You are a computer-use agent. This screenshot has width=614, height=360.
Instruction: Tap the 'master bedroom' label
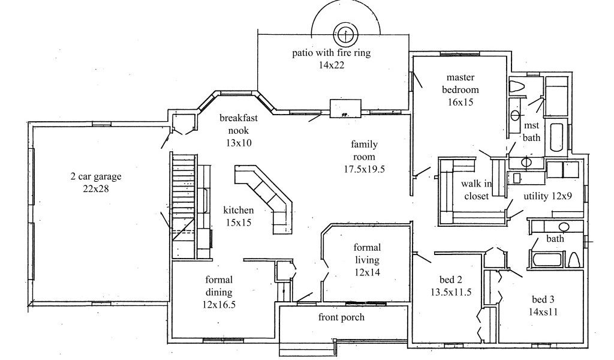coord(460,83)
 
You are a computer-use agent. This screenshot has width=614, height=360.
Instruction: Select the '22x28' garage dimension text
coord(95,189)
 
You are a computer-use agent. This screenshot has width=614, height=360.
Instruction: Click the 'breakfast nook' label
coord(239,124)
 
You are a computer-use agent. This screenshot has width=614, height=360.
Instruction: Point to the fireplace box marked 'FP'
coord(345,109)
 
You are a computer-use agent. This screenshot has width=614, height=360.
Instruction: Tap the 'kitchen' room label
coord(239,211)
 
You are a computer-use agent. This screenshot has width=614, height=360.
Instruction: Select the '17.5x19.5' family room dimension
coord(364,170)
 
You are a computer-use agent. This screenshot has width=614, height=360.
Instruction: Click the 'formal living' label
coord(367,253)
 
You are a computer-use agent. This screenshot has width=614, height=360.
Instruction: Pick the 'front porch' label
coord(341,317)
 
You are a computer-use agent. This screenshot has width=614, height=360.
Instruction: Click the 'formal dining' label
coord(219,286)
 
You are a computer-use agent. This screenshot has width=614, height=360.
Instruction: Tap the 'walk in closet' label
coord(477,190)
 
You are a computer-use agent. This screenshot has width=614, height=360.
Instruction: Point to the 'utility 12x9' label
coord(548,196)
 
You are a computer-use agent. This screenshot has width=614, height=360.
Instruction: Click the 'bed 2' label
coord(450,280)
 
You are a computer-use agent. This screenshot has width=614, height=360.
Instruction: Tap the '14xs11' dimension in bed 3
coord(543,312)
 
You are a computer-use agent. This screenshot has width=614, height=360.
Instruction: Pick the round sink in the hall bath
coord(564,227)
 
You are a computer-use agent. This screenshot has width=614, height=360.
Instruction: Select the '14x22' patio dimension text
coord(331,65)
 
